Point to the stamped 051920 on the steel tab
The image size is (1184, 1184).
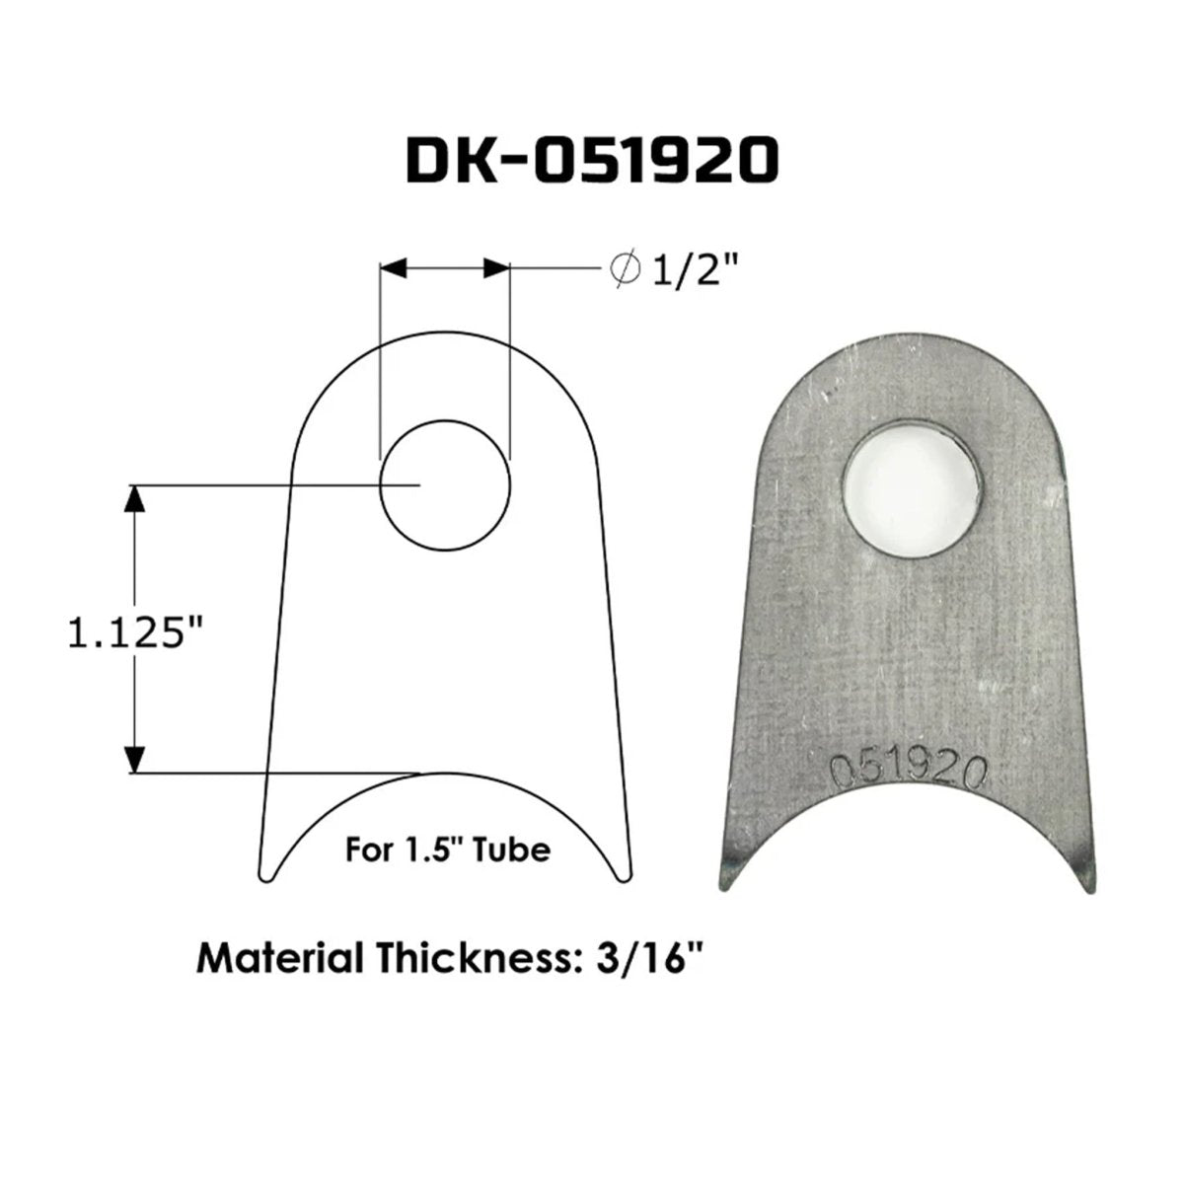click(910, 772)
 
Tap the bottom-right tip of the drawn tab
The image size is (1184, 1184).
click(624, 875)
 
